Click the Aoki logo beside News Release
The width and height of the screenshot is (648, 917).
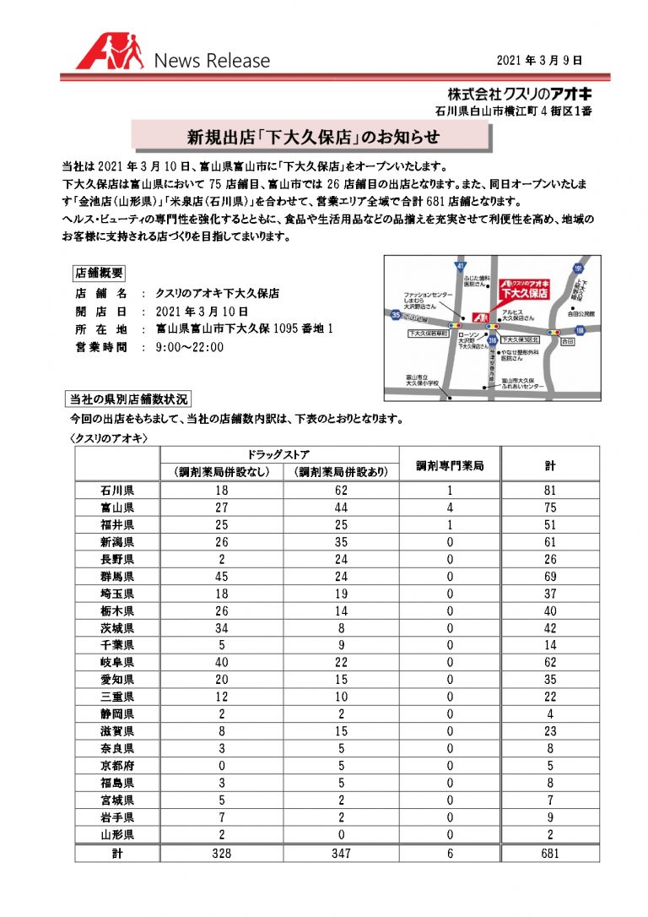110,53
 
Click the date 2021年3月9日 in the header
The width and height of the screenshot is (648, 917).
539,60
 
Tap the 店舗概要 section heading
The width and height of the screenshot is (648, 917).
100,273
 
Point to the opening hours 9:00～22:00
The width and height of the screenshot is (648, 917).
190,346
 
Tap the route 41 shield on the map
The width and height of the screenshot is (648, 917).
460,266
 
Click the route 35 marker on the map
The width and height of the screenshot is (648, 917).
395,315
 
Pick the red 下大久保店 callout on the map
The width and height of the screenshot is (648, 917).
524,290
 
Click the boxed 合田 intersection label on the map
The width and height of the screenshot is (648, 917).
567,342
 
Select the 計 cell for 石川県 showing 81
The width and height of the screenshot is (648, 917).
549,490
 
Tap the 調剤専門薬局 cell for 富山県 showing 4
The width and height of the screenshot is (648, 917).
451,507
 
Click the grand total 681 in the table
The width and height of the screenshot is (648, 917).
549,854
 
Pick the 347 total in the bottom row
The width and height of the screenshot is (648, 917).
340,854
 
